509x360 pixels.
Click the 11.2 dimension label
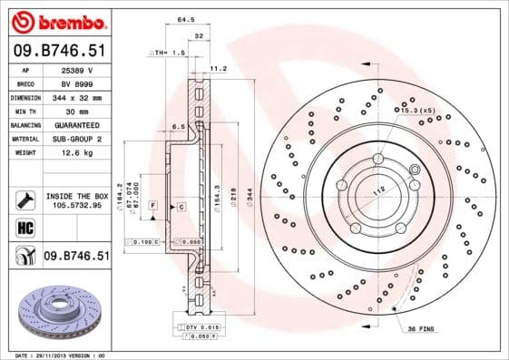pyautogui.click(x=218, y=68)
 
